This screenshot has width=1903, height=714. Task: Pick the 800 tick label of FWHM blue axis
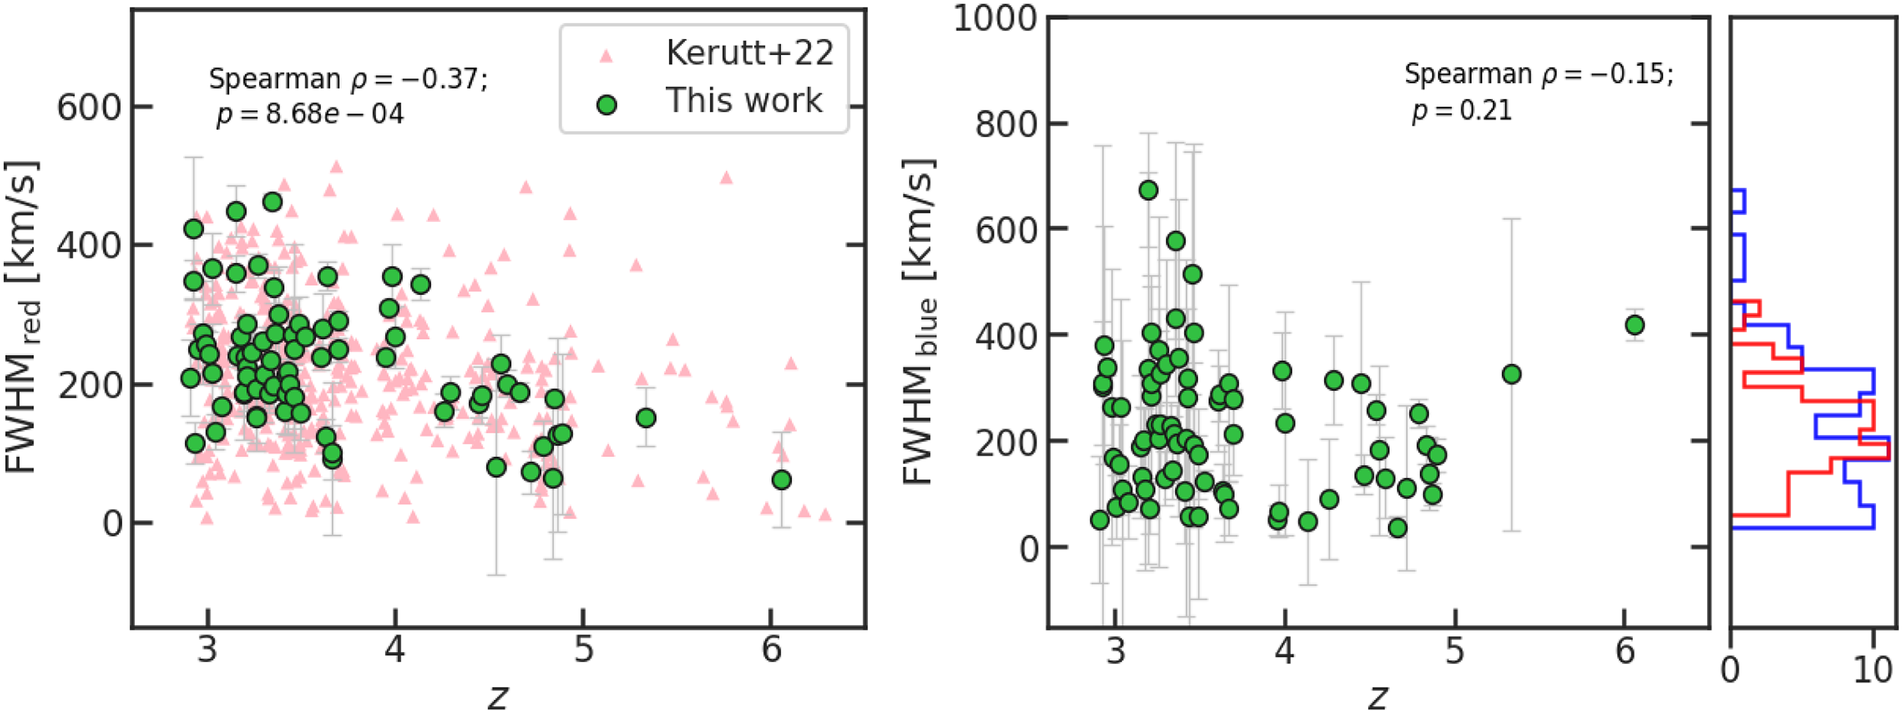1006,124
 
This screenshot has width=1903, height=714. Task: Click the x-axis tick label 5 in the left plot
584,650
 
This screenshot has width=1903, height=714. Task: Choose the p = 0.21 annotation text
1461,111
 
